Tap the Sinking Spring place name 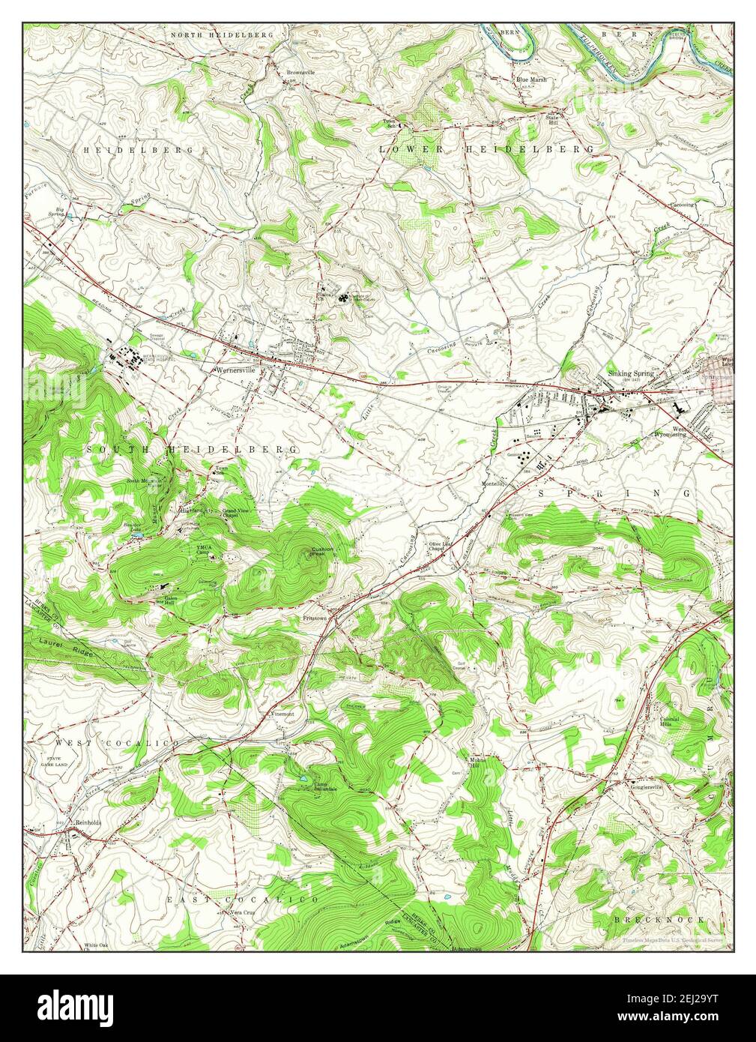click(x=630, y=373)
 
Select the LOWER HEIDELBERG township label click(x=487, y=149)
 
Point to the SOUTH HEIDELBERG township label click(x=193, y=448)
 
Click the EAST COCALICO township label click(x=242, y=898)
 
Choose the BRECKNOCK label click(x=659, y=918)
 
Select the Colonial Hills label click(x=669, y=722)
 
